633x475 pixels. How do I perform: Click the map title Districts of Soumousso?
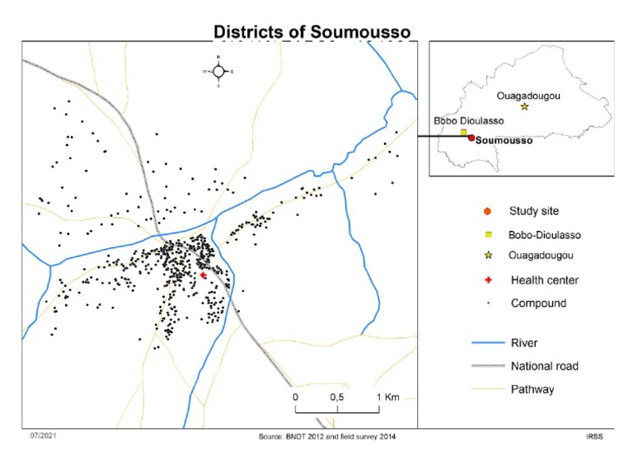[312, 31]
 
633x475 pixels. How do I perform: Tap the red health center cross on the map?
[202, 275]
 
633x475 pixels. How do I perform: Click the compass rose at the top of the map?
[218, 72]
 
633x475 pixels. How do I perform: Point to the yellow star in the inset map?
[524, 106]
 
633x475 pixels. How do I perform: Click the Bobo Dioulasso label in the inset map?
[468, 120]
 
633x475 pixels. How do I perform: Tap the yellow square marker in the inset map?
[464, 132]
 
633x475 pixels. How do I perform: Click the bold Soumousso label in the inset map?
[504, 140]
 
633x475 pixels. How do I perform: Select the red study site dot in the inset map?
[471, 138]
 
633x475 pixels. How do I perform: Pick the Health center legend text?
[544, 280]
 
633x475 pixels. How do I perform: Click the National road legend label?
[546, 365]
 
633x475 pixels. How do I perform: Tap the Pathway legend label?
[532, 388]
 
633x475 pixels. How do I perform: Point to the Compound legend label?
[538, 303]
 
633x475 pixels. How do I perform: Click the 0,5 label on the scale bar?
[336, 397]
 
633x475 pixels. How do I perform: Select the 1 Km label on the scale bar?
[387, 397]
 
